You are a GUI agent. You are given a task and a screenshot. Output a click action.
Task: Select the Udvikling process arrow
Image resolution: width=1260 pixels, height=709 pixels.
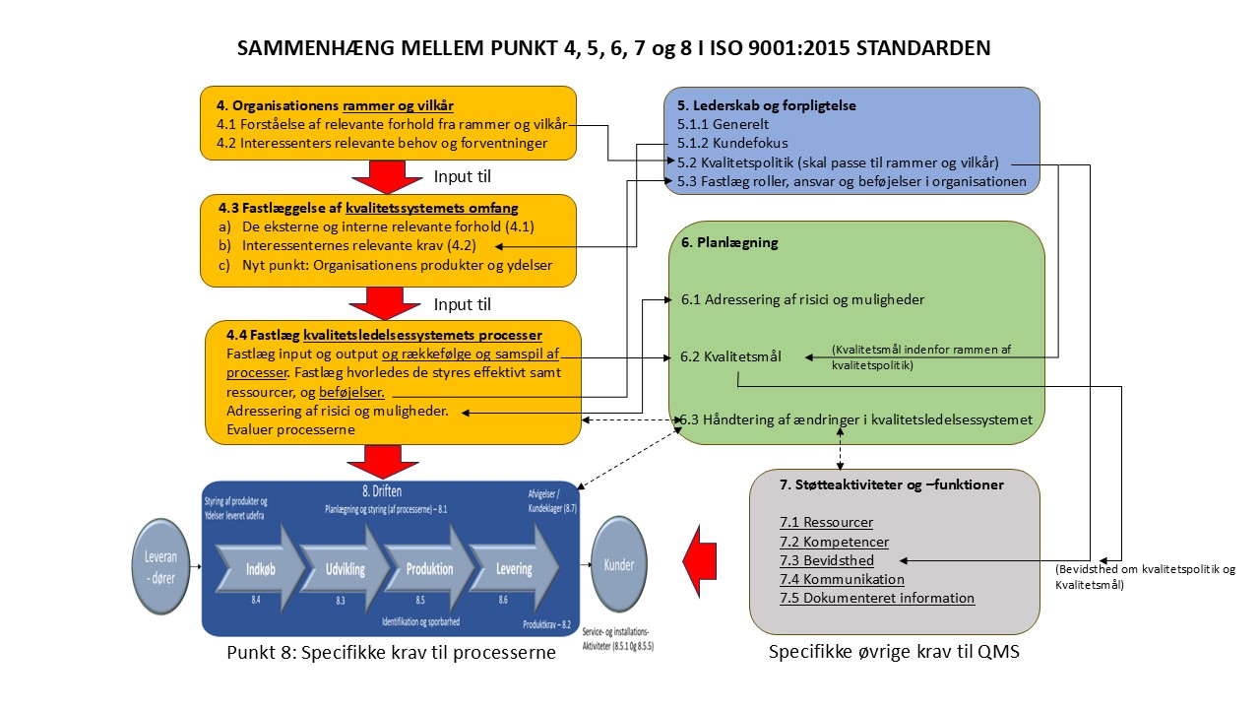pos(339,568)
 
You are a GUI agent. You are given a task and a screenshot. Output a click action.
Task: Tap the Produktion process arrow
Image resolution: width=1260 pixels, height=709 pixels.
pos(428,568)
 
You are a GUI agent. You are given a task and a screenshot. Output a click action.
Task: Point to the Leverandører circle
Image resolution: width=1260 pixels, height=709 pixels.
pos(160,567)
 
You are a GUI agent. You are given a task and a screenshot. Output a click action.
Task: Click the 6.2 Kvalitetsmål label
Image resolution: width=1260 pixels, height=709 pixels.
pos(730,356)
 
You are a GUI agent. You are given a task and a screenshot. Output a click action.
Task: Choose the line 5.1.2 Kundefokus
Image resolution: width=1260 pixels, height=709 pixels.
pos(724,144)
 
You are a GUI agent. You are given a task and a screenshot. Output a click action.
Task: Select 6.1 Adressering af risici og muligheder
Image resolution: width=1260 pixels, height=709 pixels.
pos(802,298)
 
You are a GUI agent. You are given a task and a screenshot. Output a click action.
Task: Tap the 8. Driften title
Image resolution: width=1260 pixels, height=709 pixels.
pos(379,490)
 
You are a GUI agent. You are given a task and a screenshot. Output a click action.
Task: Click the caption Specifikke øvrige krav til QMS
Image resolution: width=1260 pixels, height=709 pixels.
pos(893,652)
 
